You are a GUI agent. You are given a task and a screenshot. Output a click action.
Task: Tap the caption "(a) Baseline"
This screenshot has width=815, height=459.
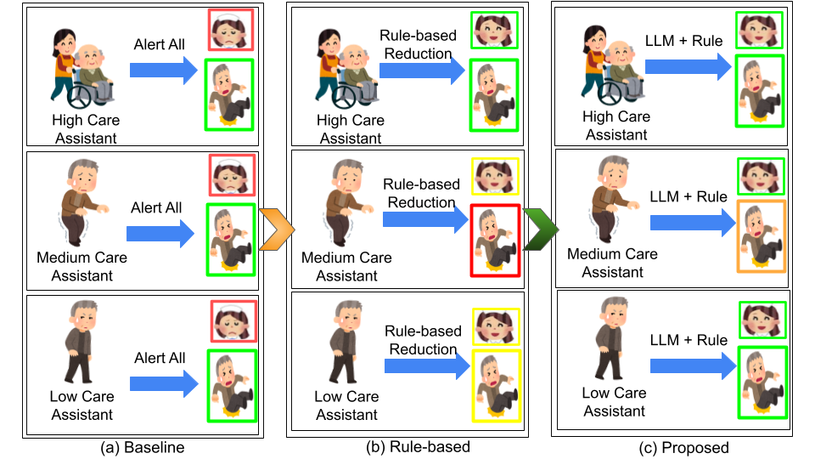[x=142, y=447]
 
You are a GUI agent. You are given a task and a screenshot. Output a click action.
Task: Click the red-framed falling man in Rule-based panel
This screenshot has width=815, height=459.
[x=494, y=242]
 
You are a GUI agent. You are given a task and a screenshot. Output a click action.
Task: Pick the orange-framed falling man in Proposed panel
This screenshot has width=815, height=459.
[x=761, y=236]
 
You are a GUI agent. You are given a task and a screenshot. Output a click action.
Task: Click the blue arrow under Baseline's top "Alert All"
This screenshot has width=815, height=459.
[x=164, y=71]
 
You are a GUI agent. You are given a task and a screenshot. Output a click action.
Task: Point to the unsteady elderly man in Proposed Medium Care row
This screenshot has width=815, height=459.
[x=612, y=201]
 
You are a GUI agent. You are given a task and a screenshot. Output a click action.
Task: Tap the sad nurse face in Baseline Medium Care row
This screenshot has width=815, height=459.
[x=231, y=174]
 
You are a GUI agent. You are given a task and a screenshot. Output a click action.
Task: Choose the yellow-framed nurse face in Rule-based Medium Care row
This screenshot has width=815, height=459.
[x=493, y=176]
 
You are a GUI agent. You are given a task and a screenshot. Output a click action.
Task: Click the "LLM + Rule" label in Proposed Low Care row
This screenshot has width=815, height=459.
[x=688, y=340]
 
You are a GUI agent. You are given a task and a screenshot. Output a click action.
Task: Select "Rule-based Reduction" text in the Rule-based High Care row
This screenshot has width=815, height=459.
[x=417, y=45]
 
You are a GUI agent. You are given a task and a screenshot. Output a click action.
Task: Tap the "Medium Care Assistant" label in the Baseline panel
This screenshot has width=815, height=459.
[x=81, y=266]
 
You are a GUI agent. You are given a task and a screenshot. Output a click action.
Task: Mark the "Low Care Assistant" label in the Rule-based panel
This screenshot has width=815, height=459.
[x=347, y=405]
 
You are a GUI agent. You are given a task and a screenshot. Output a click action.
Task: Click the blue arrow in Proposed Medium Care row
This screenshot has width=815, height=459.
[x=689, y=223]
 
